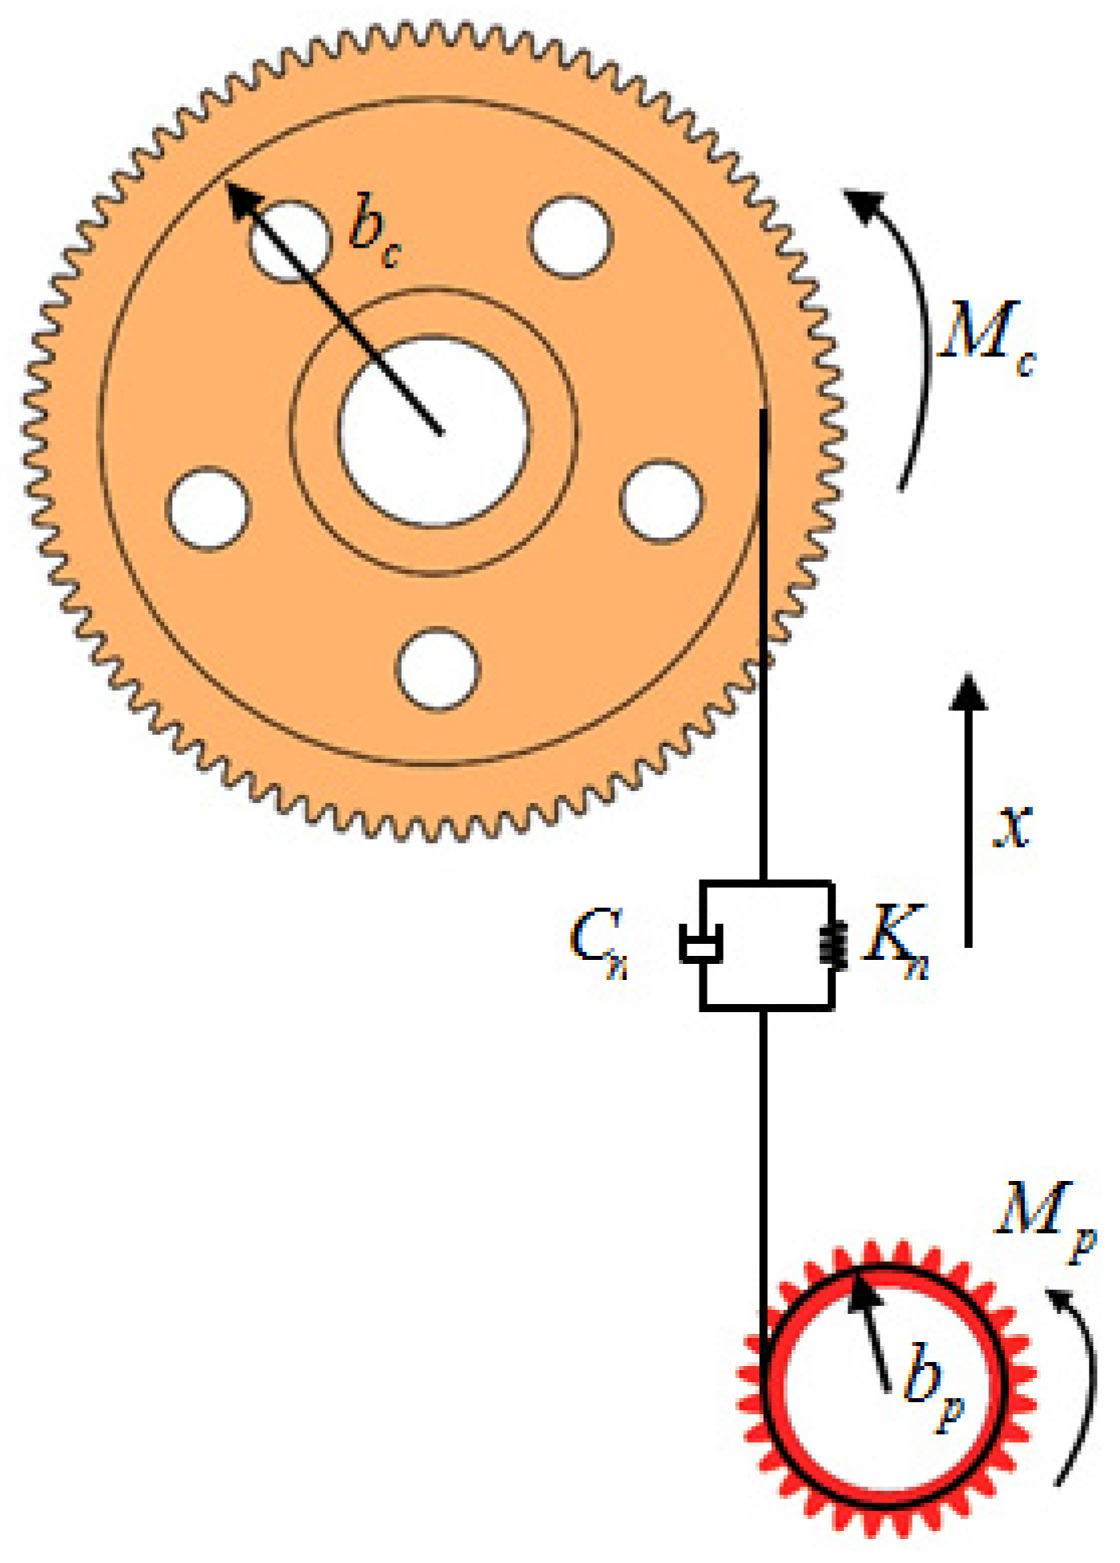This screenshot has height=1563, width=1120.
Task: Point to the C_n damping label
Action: (598, 941)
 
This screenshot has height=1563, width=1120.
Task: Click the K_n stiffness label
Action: (894, 941)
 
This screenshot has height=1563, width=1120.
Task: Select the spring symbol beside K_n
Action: (833, 943)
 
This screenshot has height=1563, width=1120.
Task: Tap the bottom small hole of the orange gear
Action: (437, 669)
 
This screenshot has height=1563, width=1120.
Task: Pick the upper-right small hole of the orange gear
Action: (571, 237)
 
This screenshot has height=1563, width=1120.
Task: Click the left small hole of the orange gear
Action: (208, 509)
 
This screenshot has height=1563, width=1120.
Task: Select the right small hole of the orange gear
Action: (662, 501)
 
